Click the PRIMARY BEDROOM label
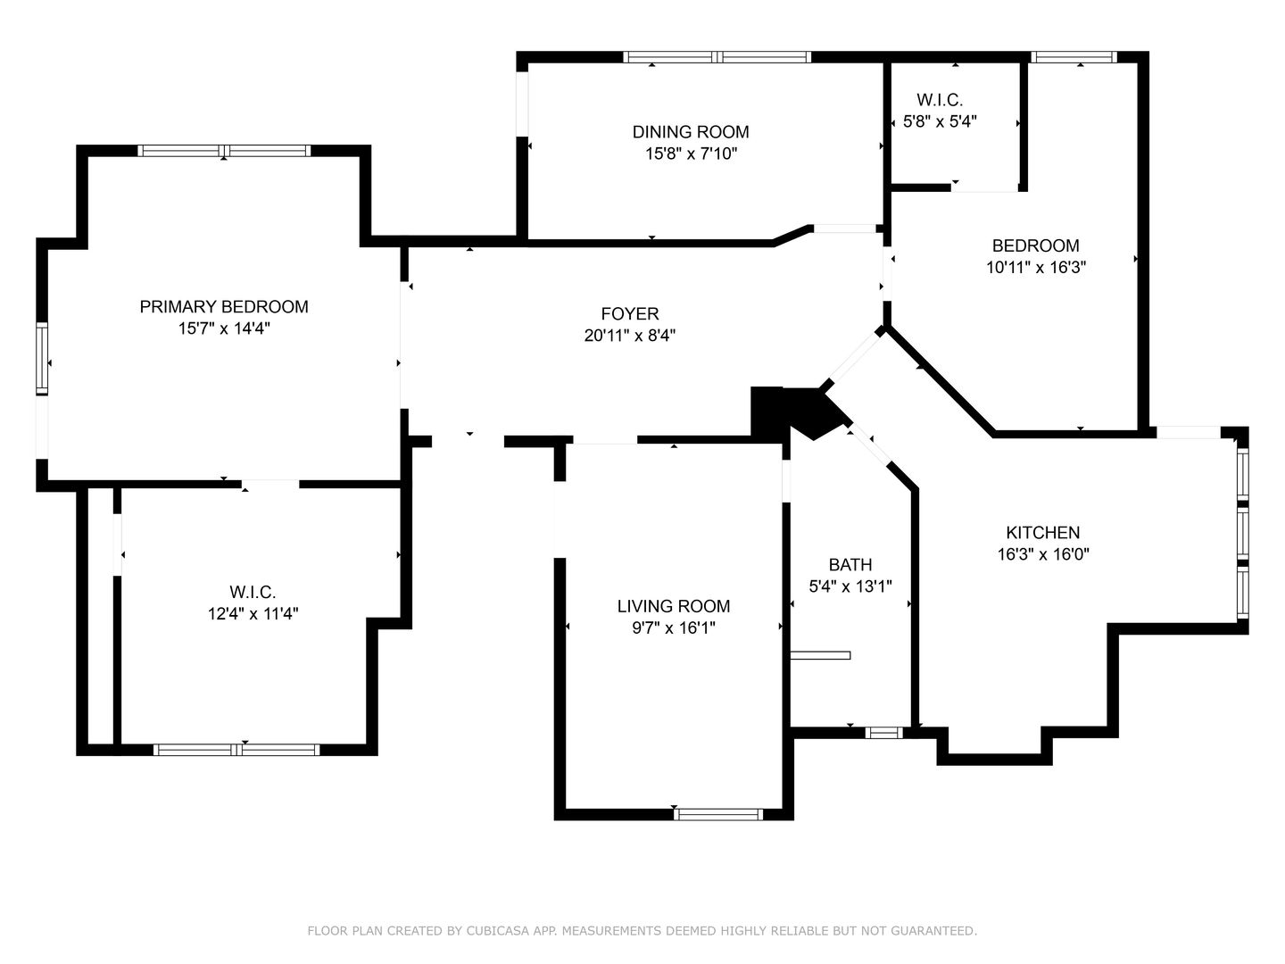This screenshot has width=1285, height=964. pos(224,307)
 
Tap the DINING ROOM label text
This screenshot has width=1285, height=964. pos(690,132)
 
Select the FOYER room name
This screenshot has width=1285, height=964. pos(630,313)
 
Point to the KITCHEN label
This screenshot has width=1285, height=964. pos(1042,533)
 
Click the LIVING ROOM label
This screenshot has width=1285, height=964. pos(673,606)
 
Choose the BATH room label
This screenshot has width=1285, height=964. pos(850,565)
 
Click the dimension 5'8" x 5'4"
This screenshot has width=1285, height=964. pos(940,121)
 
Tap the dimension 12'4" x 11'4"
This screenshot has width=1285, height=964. pos(253,614)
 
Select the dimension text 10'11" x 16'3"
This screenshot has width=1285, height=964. pos(1036,268)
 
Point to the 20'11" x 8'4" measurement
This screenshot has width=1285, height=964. pos(630,336)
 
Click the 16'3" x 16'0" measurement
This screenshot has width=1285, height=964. pos(1042,554)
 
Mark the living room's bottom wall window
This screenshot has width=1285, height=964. pos(718,814)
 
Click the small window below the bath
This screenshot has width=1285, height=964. pos(884,732)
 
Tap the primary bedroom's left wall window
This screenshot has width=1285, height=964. pos(42,359)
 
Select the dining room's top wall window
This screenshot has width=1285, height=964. pos(717,57)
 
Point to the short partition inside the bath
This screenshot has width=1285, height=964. pos(820,655)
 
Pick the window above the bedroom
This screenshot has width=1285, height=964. pos(1074,57)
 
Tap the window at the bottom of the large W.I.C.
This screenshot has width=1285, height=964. pos(236,750)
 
